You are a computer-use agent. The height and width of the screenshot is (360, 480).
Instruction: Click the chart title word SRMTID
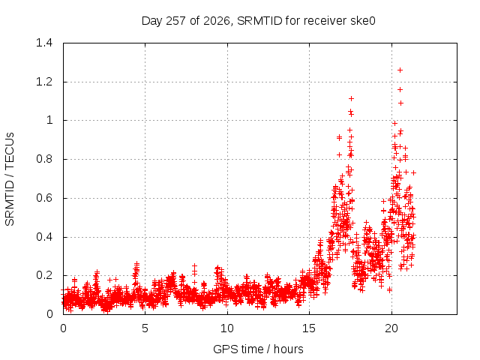[259, 21]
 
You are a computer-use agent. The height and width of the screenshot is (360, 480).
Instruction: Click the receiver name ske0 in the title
[362, 21]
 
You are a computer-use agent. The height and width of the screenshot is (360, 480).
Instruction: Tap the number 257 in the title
[176, 21]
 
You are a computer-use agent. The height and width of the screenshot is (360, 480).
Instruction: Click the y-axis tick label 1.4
[44, 43]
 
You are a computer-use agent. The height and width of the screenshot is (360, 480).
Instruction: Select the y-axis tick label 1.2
[44, 82]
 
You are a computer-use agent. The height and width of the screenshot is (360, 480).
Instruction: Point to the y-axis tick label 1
[49, 120]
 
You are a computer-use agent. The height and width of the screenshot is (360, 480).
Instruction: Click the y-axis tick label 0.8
[44, 159]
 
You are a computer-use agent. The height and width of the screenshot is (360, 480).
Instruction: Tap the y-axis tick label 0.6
[44, 198]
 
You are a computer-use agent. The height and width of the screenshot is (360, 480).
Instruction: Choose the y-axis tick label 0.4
[44, 237]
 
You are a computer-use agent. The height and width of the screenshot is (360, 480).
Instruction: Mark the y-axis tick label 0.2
[44, 275]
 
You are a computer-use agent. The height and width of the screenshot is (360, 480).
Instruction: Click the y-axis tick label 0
[49, 314]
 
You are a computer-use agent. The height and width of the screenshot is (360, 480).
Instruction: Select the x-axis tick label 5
[145, 328]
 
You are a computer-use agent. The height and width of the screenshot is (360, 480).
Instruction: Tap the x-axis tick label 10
[227, 328]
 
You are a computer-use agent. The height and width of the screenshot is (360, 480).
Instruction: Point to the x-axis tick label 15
[309, 328]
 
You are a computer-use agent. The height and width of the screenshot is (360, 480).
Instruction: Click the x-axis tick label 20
[391, 328]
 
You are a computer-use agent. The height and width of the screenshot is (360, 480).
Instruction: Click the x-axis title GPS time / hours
[258, 349]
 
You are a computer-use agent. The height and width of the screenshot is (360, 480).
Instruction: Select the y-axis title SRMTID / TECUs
[10, 179]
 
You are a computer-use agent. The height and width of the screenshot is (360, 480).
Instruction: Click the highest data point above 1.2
[400, 70]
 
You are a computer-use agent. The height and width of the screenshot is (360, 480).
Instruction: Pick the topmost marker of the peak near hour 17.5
[351, 98]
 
